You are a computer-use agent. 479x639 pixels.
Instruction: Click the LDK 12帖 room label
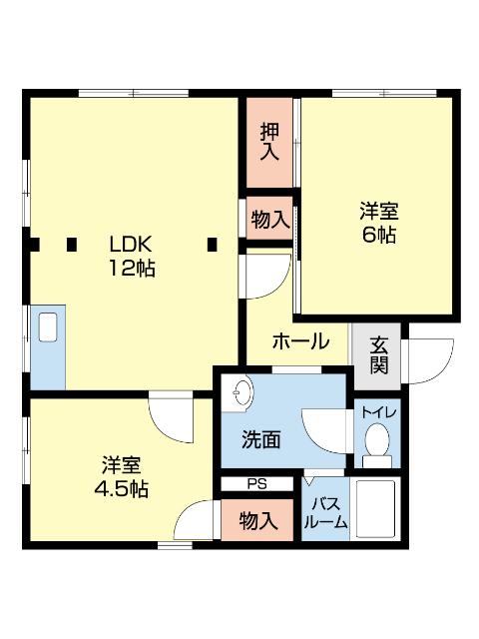(x=132, y=257)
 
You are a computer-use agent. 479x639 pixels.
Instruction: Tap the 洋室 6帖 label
(x=379, y=224)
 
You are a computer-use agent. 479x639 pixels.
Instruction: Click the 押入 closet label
(x=270, y=142)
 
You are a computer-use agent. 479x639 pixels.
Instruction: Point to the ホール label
(x=300, y=341)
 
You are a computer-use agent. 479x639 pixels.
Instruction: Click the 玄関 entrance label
(x=379, y=354)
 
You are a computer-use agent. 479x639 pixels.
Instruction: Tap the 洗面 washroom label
(x=260, y=439)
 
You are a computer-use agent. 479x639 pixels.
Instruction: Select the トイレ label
(x=377, y=411)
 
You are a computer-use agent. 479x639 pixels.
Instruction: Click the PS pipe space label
(x=257, y=484)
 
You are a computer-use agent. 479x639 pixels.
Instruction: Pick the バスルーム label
(x=327, y=512)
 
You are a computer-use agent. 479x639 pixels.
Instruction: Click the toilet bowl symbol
(x=377, y=442)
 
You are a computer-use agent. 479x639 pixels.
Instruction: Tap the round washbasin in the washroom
(x=240, y=395)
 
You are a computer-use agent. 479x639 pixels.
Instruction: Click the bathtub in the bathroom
(x=376, y=511)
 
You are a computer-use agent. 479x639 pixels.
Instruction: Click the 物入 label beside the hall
(x=270, y=220)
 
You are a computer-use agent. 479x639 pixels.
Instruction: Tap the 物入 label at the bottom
(x=258, y=520)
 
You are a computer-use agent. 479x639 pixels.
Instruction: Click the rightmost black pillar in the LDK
(x=212, y=243)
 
